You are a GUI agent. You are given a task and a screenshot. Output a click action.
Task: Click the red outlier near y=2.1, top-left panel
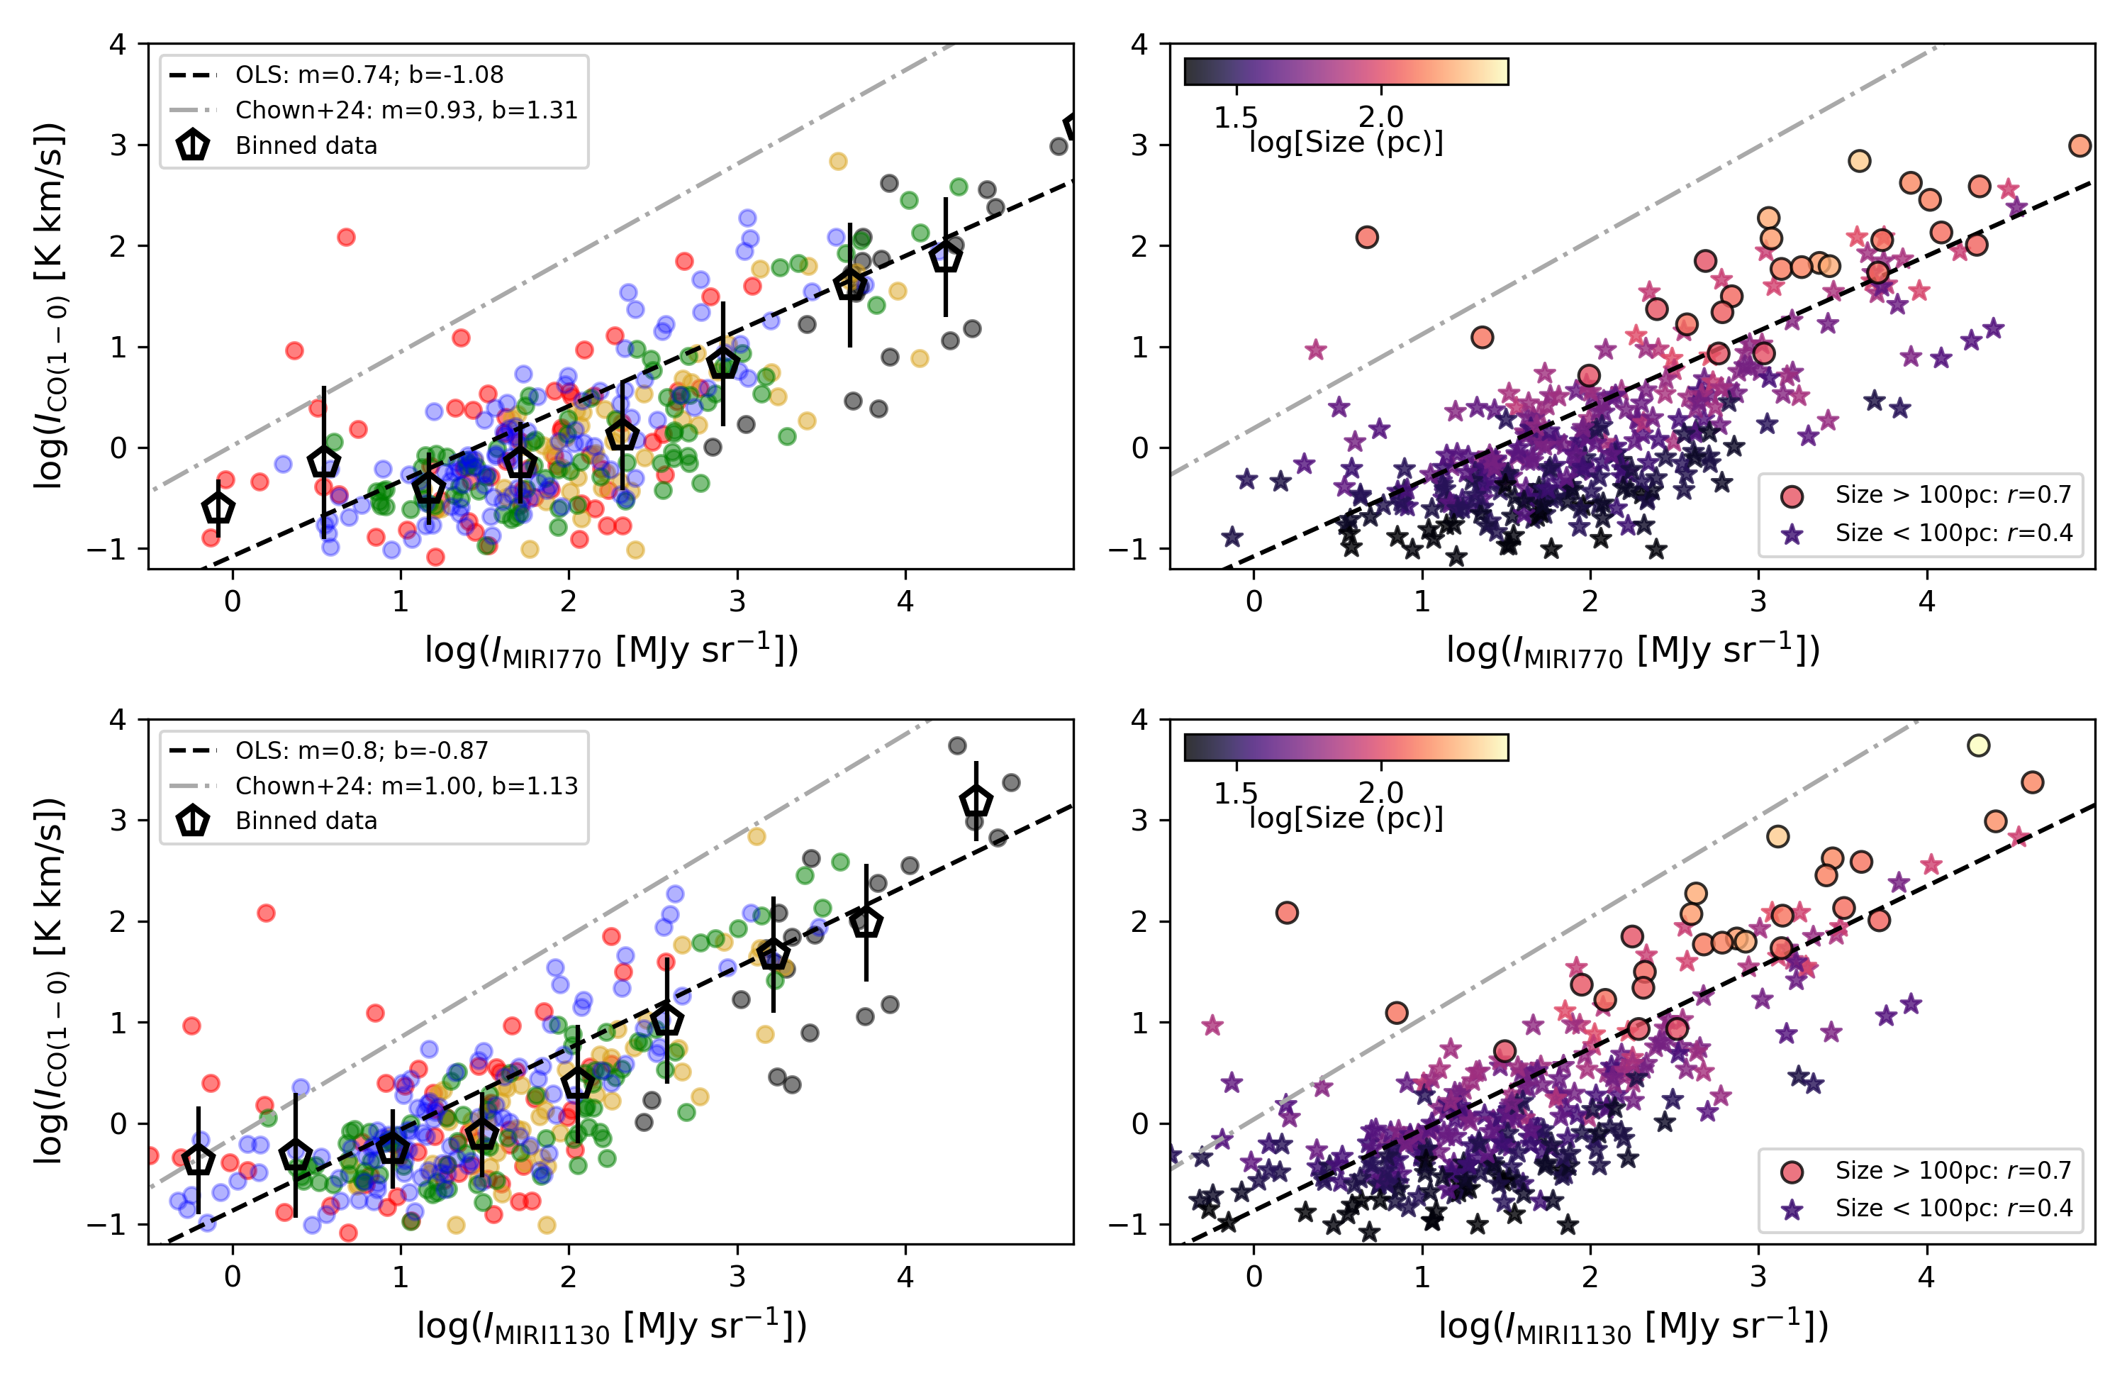(x=346, y=237)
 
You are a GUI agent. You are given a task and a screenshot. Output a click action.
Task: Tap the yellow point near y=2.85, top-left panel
(x=837, y=161)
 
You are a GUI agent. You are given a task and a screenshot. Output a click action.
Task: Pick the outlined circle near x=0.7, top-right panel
(x=1366, y=237)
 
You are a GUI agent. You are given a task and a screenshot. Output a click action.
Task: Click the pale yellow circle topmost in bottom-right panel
(x=1977, y=745)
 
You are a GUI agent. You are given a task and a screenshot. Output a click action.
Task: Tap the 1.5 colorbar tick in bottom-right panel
(x=1236, y=792)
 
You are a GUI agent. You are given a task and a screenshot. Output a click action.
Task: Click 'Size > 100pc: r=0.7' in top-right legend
(x=1953, y=494)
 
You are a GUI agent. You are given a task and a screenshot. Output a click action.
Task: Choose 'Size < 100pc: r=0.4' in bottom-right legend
(x=1953, y=1208)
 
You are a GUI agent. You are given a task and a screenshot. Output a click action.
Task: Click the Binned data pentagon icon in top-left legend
(x=193, y=145)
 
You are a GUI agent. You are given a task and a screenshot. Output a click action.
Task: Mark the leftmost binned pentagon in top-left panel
(x=218, y=509)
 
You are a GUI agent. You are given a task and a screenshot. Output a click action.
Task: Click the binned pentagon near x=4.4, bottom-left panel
(x=975, y=801)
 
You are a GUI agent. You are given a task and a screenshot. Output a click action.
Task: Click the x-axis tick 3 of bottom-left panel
(x=737, y=1277)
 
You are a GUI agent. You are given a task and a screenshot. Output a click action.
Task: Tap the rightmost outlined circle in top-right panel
(x=2079, y=145)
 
